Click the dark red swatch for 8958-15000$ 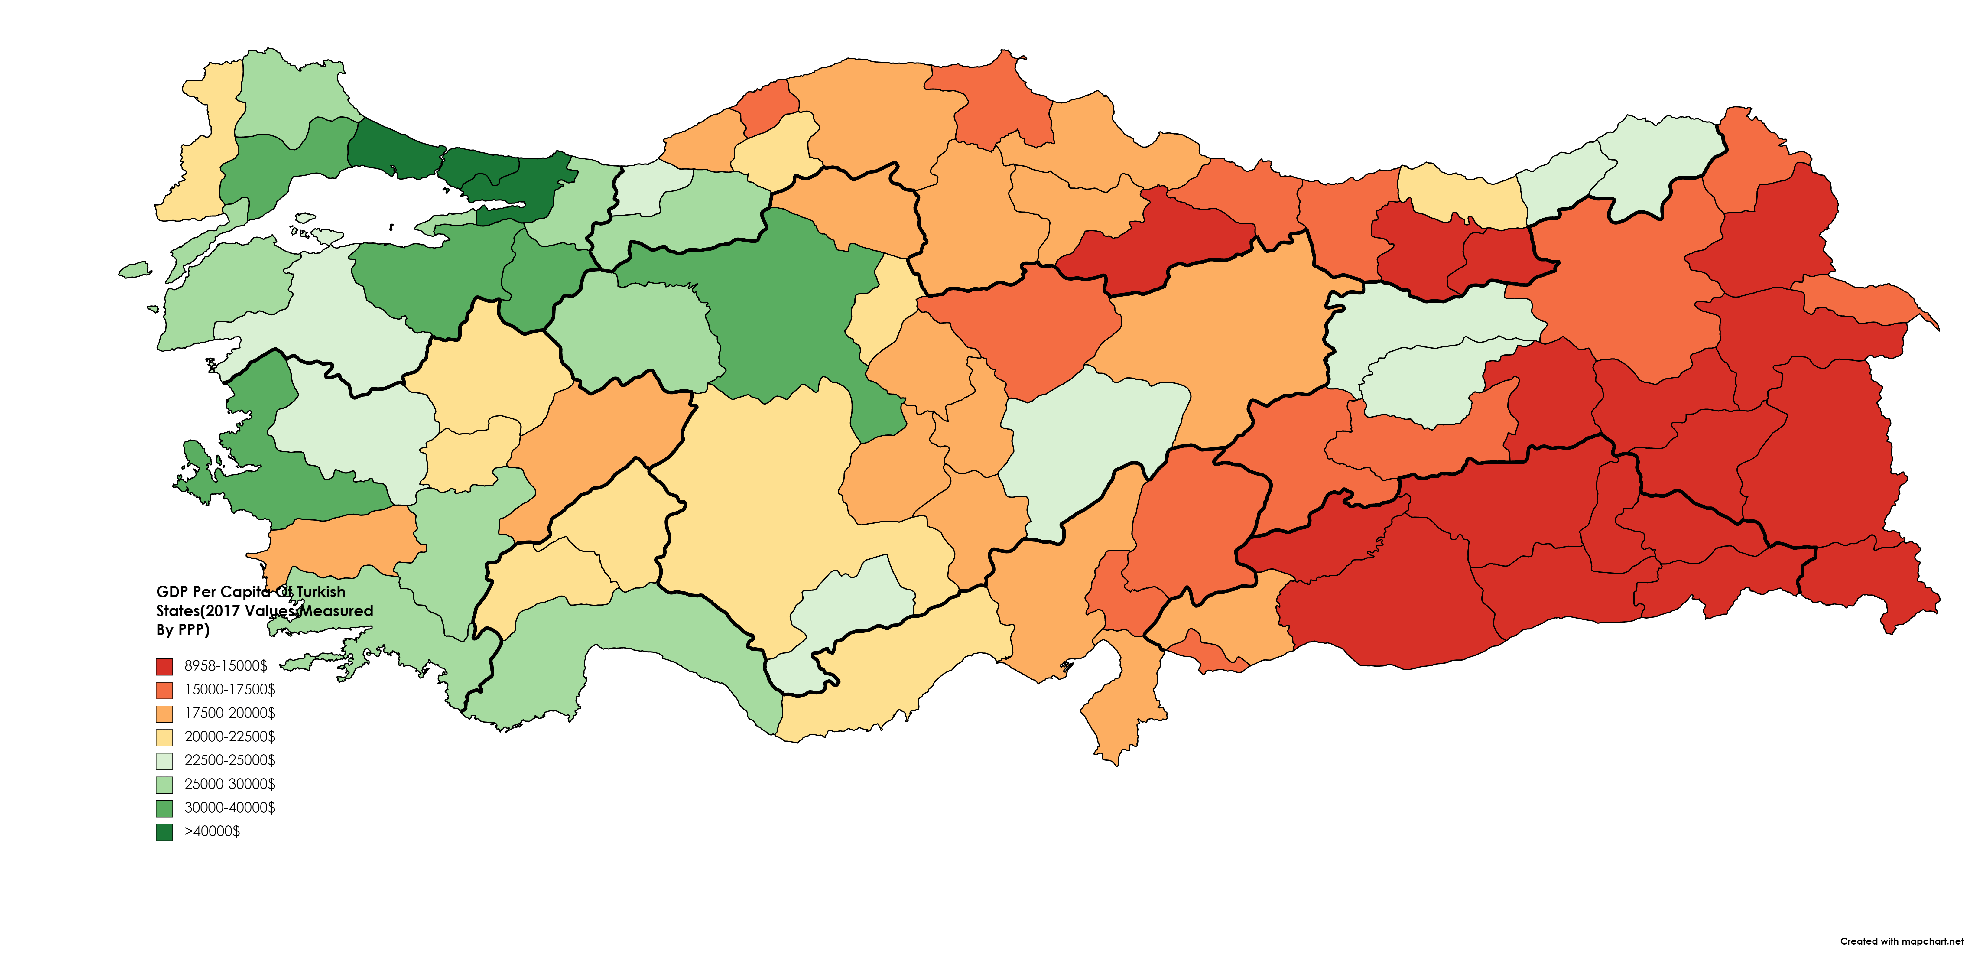(x=164, y=666)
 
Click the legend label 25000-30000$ (x=229, y=784)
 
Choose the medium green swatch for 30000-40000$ (x=164, y=808)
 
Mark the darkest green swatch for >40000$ (x=164, y=832)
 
